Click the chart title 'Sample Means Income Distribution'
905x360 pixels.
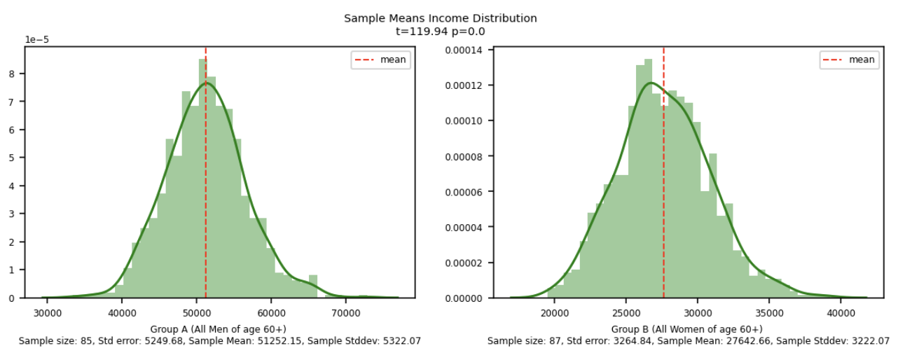click(x=440, y=18)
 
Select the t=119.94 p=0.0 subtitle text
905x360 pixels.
click(x=440, y=31)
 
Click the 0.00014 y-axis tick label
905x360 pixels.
click(x=466, y=50)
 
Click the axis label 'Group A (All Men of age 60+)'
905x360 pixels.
click(x=219, y=329)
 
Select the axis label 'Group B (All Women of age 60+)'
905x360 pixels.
click(x=687, y=329)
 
